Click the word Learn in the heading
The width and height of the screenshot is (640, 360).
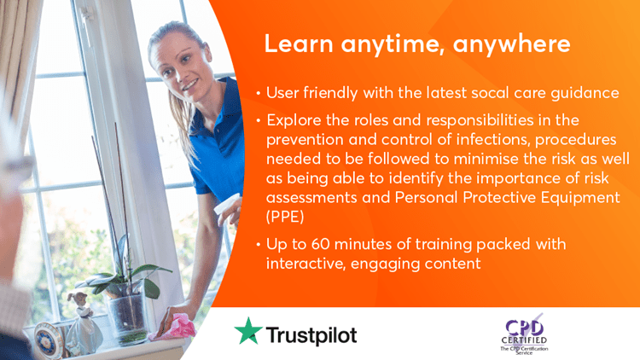pyautogui.click(x=299, y=44)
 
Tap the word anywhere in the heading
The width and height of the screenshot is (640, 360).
pyautogui.click(x=511, y=44)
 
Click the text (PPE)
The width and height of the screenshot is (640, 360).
pyautogui.click(x=285, y=217)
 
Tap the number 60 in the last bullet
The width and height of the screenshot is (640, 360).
pyautogui.click(x=320, y=244)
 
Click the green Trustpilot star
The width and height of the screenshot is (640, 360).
pyautogui.click(x=248, y=332)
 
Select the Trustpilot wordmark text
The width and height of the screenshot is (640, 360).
pyautogui.click(x=311, y=335)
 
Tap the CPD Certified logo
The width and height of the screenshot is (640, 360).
pyautogui.click(x=524, y=334)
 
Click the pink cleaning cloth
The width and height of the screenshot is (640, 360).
pyautogui.click(x=173, y=328)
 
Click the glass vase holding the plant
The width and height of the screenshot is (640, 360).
pyautogui.click(x=127, y=313)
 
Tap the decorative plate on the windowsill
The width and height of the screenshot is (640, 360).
pyautogui.click(x=48, y=341)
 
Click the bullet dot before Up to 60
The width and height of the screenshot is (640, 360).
pyautogui.click(x=259, y=245)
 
